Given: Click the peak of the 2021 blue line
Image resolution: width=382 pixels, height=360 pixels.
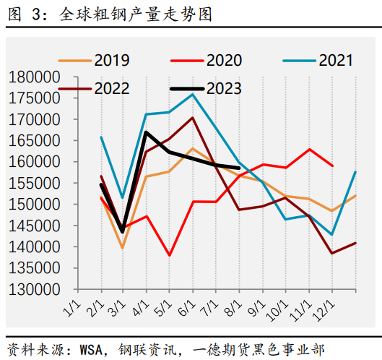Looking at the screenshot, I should pos(192,94).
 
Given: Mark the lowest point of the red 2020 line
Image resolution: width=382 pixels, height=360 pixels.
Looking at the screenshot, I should pos(170,255).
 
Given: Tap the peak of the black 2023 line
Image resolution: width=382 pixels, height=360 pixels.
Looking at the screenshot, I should pos(147,132).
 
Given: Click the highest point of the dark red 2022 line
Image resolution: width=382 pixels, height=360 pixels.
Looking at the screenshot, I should pos(192,117).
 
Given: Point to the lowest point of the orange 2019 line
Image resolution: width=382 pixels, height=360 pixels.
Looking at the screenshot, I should pos(123,248).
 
